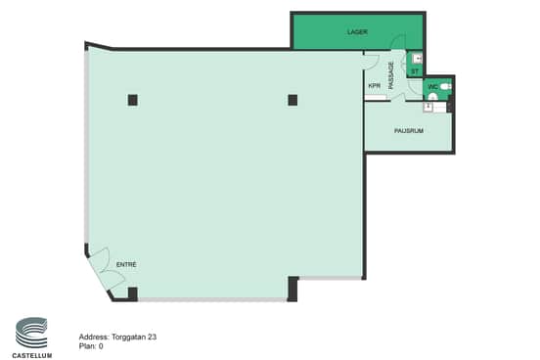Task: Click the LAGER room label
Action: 357,32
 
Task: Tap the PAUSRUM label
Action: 409,130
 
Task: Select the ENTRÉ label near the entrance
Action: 126,264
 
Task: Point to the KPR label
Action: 375,86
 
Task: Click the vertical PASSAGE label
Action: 391,75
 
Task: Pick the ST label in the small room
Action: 415,71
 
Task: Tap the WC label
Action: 433,87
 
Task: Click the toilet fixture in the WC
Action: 446,87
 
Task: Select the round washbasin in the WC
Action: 433,97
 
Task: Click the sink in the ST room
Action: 418,59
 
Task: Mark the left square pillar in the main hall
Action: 133,100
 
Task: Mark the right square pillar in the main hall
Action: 292,100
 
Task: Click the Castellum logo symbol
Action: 31,333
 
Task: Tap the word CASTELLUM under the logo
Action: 32,355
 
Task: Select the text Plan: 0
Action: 91,346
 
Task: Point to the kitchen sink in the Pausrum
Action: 427,108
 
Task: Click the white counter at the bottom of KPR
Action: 376,98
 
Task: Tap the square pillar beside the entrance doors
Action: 133,293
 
